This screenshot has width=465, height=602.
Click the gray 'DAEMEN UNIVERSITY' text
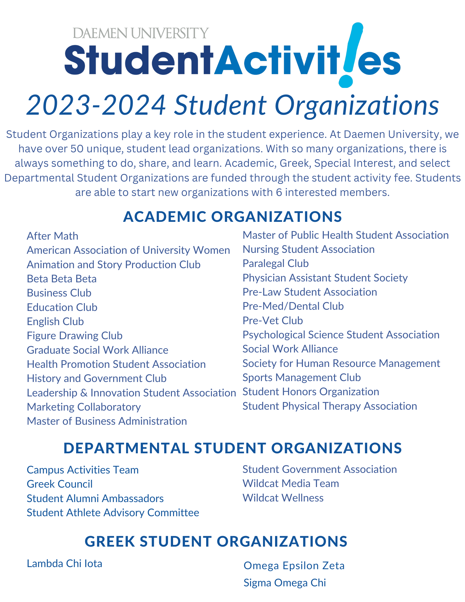pyautogui.click(x=141, y=33)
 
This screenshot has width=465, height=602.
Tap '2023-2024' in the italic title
pyautogui.click(x=96, y=105)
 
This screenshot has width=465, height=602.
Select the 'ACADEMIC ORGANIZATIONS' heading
pyautogui.click(x=232, y=217)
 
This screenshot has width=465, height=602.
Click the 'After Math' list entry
pyautogui.click(x=52, y=236)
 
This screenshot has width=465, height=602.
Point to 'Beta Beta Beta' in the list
pyautogui.click(x=62, y=279)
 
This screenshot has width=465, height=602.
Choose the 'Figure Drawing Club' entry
pyautogui.click(x=75, y=336)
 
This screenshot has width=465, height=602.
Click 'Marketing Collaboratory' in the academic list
pyautogui.click(x=84, y=407)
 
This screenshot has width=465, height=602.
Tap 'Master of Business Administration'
pyautogui.click(x=107, y=421)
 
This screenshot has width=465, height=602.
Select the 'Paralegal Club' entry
pyautogui.click(x=275, y=263)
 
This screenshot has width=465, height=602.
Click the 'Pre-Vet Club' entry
pyautogui.click(x=273, y=321)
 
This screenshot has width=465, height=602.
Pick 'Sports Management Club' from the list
pyautogui.click(x=302, y=377)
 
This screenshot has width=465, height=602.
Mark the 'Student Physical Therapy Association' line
pyautogui.click(x=330, y=406)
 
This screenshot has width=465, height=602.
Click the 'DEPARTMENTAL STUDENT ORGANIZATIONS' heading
pyautogui.click(x=232, y=448)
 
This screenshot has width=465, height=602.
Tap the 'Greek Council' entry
pyautogui.click(x=60, y=484)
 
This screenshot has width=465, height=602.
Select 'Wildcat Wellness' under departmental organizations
pyautogui.click(x=283, y=498)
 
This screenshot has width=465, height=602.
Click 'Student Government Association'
pyautogui.click(x=320, y=469)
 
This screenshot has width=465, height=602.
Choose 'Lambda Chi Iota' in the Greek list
pyautogui.click(x=64, y=563)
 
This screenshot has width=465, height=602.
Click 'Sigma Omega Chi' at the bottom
pyautogui.click(x=284, y=583)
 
